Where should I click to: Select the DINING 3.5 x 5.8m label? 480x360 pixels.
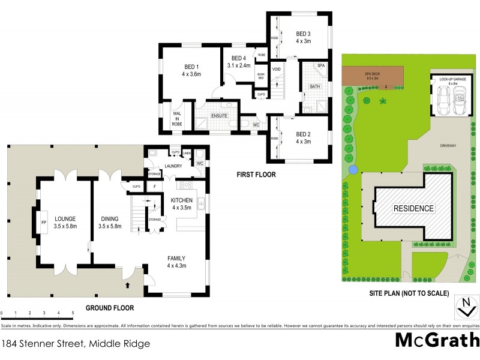tap(110, 223)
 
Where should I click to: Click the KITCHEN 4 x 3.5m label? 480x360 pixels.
tap(181, 203)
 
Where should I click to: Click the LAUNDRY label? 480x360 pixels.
tap(173, 167)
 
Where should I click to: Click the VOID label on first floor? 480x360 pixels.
tap(277, 70)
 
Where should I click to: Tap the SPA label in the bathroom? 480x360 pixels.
tap(321, 65)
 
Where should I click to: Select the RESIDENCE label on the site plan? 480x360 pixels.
tap(413, 208)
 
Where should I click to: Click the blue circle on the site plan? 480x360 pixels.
tap(353, 169)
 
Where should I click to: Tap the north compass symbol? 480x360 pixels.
tap(464, 307)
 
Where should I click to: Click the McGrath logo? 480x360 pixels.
tap(437, 340)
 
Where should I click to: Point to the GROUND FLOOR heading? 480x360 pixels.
tap(109, 308)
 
